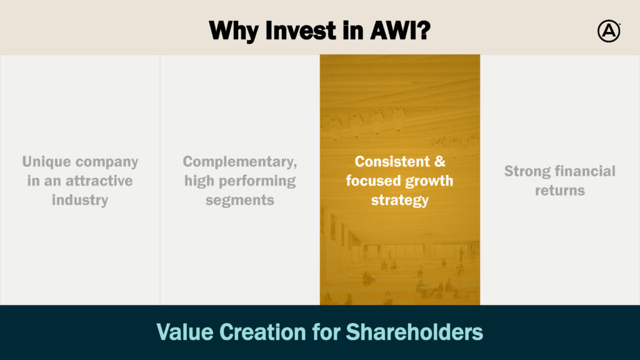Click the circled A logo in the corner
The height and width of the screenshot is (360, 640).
[609, 31]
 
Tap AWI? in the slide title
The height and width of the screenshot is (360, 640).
[400, 31]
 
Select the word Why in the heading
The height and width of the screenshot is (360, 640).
[233, 31]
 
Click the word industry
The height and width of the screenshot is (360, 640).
[80, 200]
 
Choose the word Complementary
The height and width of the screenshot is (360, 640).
[239, 162]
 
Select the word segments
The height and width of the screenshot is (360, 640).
[239, 201]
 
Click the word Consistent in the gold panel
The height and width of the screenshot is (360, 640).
[392, 162]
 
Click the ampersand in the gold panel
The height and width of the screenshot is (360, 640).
[439, 162]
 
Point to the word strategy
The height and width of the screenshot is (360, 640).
[399, 201]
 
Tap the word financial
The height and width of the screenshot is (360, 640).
[584, 171]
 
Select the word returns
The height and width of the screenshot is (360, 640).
[560, 191]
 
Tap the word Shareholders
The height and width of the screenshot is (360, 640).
[414, 332]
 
